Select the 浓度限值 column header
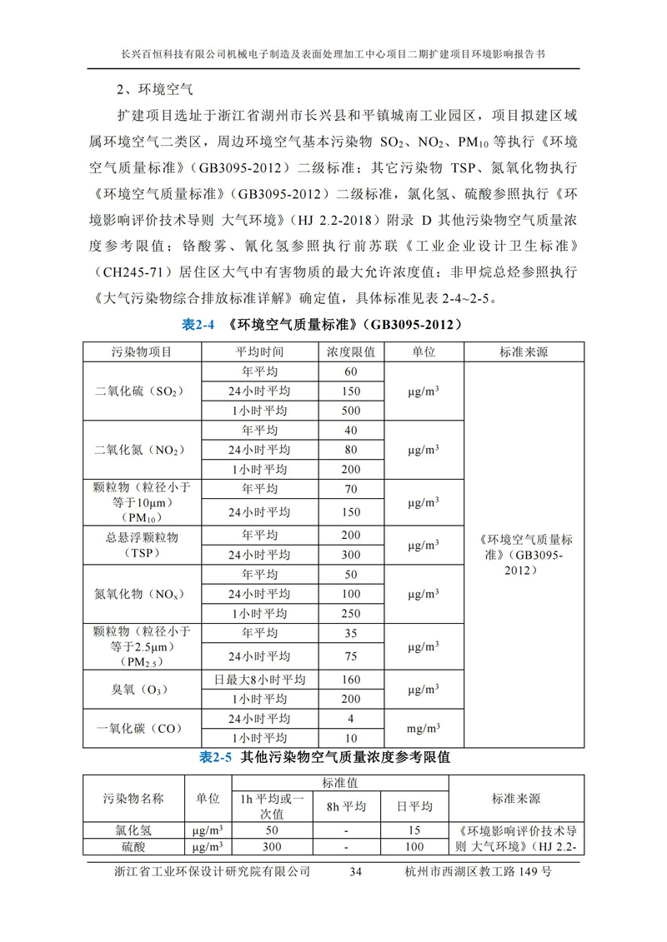click(351, 351)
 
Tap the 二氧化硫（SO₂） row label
click(142, 391)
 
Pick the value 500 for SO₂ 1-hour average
click(351, 411)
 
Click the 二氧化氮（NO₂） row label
click(142, 450)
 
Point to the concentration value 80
click(351, 450)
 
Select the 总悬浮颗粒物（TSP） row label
click(142, 544)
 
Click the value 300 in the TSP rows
click(351, 554)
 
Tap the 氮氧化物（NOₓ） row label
click(142, 594)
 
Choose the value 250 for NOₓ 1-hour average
click(351, 614)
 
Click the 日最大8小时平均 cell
click(260, 680)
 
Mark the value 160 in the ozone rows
click(351, 680)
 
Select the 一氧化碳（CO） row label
click(142, 729)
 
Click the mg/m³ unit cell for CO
click(424, 729)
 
